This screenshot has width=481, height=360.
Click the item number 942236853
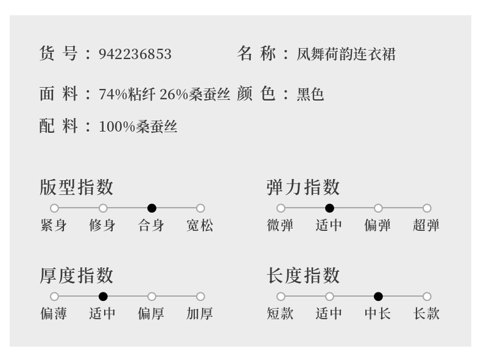click(x=135, y=54)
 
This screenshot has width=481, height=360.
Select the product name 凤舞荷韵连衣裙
click(x=346, y=54)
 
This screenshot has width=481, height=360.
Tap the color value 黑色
click(x=310, y=94)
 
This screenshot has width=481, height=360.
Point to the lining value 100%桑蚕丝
click(x=138, y=126)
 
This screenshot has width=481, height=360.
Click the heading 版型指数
click(x=76, y=187)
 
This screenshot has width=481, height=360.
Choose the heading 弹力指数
click(x=303, y=187)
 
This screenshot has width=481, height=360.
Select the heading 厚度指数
click(x=76, y=275)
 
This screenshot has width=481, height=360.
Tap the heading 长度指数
click(x=303, y=275)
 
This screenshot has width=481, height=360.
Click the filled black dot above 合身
click(x=151, y=208)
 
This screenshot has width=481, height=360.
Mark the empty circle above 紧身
click(x=55, y=208)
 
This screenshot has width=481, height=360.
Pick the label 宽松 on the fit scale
click(x=200, y=226)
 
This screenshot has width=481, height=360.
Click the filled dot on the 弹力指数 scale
click(x=330, y=208)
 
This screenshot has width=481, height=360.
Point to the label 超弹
click(x=426, y=226)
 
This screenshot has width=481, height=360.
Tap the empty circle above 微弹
click(x=281, y=208)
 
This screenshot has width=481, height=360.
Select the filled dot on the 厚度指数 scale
click(x=103, y=296)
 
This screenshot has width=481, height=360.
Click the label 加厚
click(x=200, y=314)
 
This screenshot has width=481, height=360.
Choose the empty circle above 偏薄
click(x=55, y=296)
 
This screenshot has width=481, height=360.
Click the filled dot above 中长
click(x=378, y=296)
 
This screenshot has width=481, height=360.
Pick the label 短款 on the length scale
click(x=280, y=314)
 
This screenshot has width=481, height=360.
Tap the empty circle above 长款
click(x=427, y=296)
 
